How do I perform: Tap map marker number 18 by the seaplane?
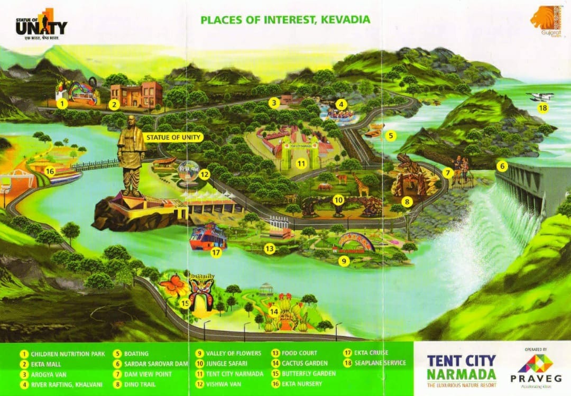coord(543,108)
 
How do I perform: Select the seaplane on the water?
coord(540,96)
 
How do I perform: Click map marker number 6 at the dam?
coord(502,165)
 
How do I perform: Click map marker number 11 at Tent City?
coord(301,163)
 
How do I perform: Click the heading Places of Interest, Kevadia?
coord(285,20)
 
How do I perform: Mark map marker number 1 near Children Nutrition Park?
coord(62,104)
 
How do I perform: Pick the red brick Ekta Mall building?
coord(136,95)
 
